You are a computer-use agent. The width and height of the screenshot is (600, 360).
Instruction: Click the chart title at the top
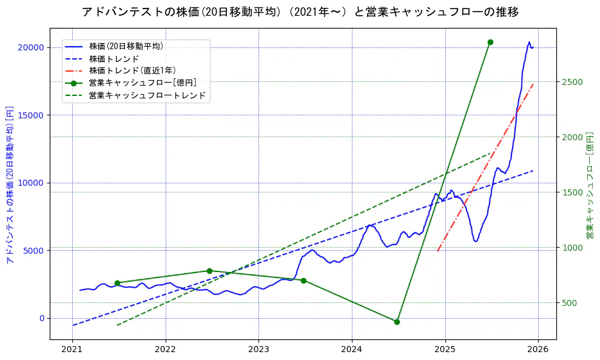pos(300,12)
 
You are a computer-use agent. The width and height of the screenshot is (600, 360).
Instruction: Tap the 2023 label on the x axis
pos(258,350)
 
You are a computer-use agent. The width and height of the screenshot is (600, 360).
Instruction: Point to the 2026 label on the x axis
pos(538,350)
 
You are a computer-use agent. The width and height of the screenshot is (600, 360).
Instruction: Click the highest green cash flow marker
pos(490,42)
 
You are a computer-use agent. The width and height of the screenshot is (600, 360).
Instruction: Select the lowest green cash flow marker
pos(397,322)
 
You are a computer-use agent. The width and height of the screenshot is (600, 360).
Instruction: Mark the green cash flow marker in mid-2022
pos(209,271)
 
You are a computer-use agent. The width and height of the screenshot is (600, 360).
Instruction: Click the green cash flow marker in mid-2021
pos(117,283)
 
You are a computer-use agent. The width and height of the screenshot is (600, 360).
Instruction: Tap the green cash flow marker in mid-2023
pos(303,280)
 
